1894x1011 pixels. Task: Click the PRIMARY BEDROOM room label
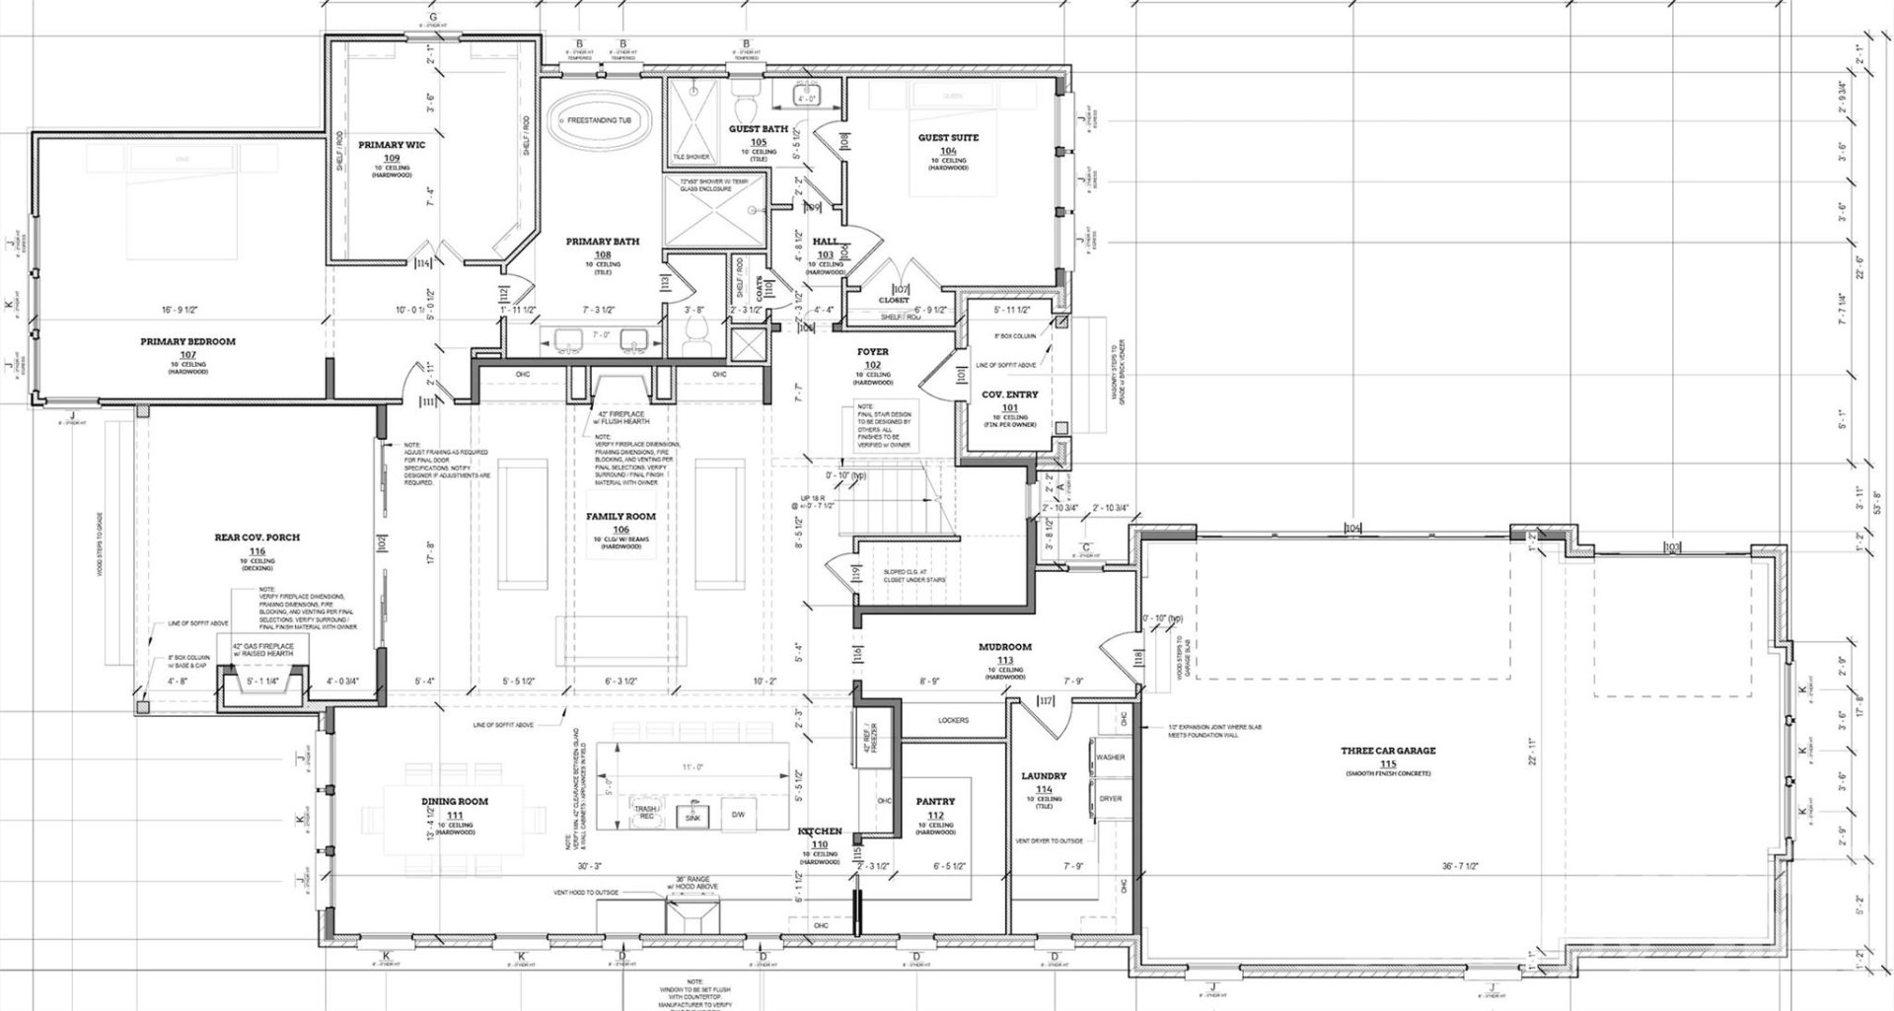coord(187,342)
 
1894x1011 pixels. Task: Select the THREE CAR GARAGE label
coord(1388,752)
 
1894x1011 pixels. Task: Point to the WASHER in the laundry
coord(1110,758)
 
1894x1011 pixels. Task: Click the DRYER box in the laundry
coord(1110,799)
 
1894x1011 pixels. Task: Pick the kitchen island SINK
coord(692,816)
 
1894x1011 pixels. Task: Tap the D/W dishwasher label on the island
coord(737,815)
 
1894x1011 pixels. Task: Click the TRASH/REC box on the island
coord(647,814)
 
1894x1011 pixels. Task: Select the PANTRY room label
coord(935,803)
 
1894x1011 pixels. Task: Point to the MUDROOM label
coord(1004,648)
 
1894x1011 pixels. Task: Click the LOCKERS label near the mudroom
coord(953,721)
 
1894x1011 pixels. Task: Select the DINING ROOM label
coord(454,802)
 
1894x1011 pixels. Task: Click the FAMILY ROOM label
coord(620,517)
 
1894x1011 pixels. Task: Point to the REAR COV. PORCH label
coord(256,539)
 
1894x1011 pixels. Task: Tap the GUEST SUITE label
coord(948,138)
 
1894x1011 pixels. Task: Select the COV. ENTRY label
coord(1009,395)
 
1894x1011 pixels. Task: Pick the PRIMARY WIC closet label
coord(392,145)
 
